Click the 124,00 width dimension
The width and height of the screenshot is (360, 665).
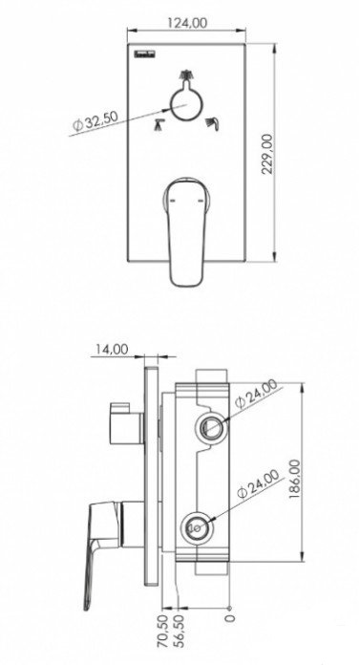[x=187, y=23]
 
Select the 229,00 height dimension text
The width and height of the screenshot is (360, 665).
[x=267, y=154]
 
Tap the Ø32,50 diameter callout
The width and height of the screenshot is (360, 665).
[x=95, y=121]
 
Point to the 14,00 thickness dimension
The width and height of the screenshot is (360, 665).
[x=111, y=349]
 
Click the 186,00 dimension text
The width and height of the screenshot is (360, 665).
[x=295, y=479]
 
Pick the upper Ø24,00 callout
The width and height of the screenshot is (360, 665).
[x=257, y=394]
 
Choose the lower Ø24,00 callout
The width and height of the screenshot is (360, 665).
[x=259, y=483]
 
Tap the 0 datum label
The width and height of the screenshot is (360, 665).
[x=229, y=618]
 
